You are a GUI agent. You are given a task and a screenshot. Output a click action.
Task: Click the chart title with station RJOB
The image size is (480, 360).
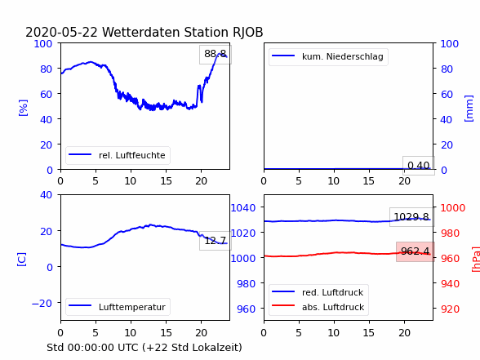coord(144,33)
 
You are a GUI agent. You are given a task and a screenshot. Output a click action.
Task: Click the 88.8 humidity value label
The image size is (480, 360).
coord(216,54)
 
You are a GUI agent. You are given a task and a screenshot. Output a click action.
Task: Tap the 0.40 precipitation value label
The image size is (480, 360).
coord(419,166)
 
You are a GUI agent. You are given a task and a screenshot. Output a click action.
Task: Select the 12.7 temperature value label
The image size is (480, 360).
coord(216,241)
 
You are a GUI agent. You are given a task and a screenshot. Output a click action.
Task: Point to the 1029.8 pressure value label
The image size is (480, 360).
coord(411,217)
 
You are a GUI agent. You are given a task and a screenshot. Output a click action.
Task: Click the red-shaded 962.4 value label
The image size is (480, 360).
coord(415,251)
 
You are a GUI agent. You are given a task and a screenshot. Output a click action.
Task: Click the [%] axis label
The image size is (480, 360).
coord(23,108)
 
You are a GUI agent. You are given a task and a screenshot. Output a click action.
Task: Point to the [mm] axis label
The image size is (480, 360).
coord(469,109)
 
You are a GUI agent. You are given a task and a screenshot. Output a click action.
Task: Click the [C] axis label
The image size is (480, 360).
coord(22,260)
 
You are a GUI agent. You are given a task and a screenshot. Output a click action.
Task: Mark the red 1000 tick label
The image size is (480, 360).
coord(453,208)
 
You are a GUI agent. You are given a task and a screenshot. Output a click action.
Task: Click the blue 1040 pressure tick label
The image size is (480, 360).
coord(243,208)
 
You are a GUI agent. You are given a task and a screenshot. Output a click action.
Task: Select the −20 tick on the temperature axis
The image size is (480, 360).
coord(42,304)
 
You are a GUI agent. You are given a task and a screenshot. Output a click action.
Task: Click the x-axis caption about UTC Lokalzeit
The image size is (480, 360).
coord(144,348)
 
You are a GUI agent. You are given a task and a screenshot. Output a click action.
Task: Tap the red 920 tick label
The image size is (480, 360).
coord(450,309)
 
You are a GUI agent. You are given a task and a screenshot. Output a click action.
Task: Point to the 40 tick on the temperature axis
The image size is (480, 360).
coord(46,194)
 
